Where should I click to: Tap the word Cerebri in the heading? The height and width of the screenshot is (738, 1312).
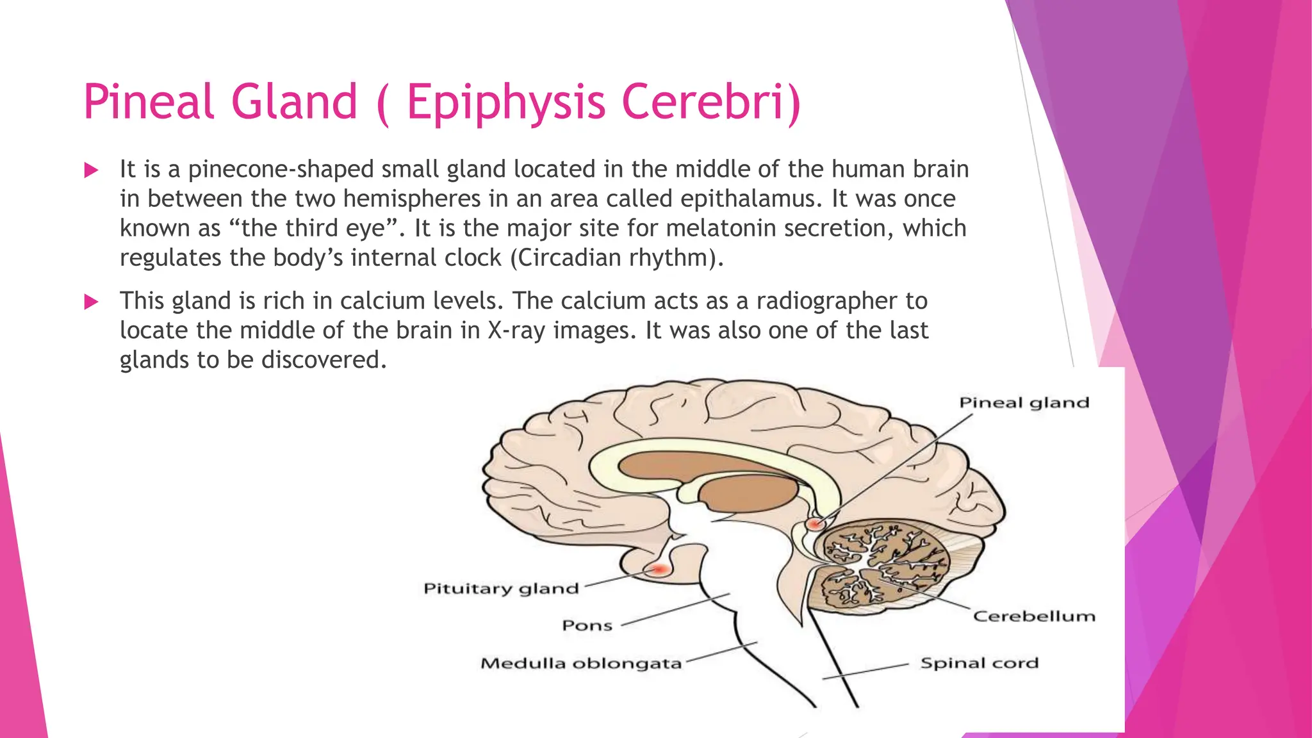click(x=711, y=102)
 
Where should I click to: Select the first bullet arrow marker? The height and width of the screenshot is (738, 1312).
click(x=91, y=170)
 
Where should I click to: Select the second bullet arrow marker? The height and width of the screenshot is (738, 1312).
click(x=91, y=302)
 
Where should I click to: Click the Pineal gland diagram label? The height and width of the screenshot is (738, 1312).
click(x=1023, y=403)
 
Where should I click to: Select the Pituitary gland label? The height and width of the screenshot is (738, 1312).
click(x=501, y=589)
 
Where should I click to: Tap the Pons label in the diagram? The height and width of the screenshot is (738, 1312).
click(x=587, y=625)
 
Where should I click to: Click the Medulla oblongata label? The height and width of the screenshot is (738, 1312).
click(x=581, y=663)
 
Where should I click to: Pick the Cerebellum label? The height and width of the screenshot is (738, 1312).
click(x=1033, y=616)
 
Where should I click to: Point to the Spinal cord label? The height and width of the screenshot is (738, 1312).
click(x=979, y=663)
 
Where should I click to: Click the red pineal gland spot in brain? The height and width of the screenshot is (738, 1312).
click(x=814, y=524)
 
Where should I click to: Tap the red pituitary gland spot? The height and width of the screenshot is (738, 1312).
click(x=660, y=569)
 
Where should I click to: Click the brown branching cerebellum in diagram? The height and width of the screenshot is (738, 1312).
click(x=884, y=564)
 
